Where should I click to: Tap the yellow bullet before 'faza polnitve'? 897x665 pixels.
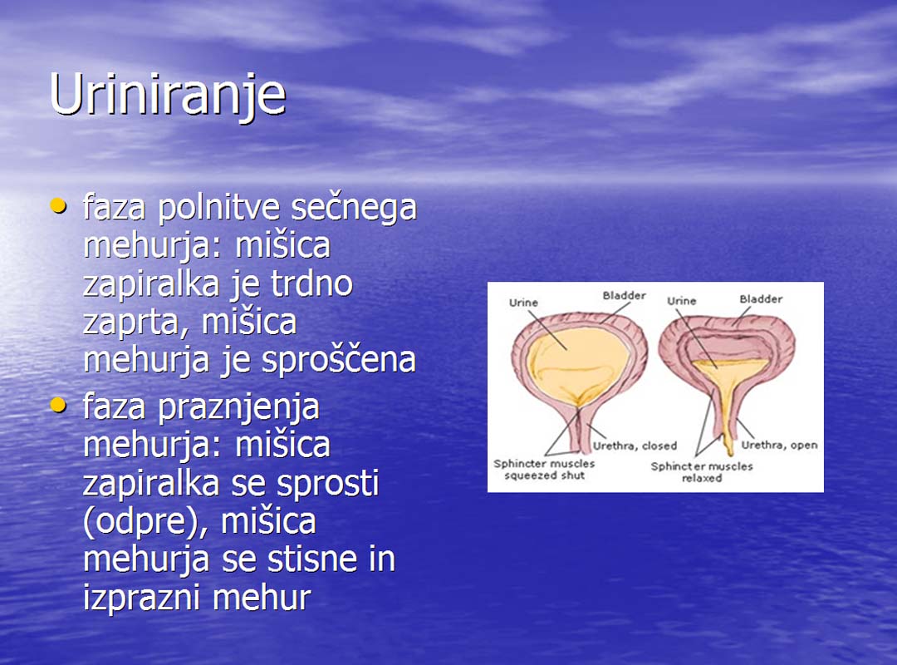click(x=58, y=205)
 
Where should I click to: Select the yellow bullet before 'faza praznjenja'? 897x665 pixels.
click(x=58, y=405)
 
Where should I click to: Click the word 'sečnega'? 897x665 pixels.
click(x=354, y=209)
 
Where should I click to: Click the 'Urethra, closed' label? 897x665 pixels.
click(x=635, y=446)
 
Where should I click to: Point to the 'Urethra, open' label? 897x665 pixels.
click(x=779, y=445)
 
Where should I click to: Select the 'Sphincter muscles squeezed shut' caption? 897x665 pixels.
click(x=544, y=469)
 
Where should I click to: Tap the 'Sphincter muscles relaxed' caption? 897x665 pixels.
click(x=701, y=472)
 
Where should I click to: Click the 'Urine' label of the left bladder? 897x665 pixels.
click(x=523, y=303)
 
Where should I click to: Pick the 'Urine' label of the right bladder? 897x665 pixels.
click(x=681, y=301)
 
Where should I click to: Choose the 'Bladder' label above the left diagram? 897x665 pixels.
click(x=624, y=296)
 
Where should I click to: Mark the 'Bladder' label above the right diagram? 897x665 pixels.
click(x=761, y=299)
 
